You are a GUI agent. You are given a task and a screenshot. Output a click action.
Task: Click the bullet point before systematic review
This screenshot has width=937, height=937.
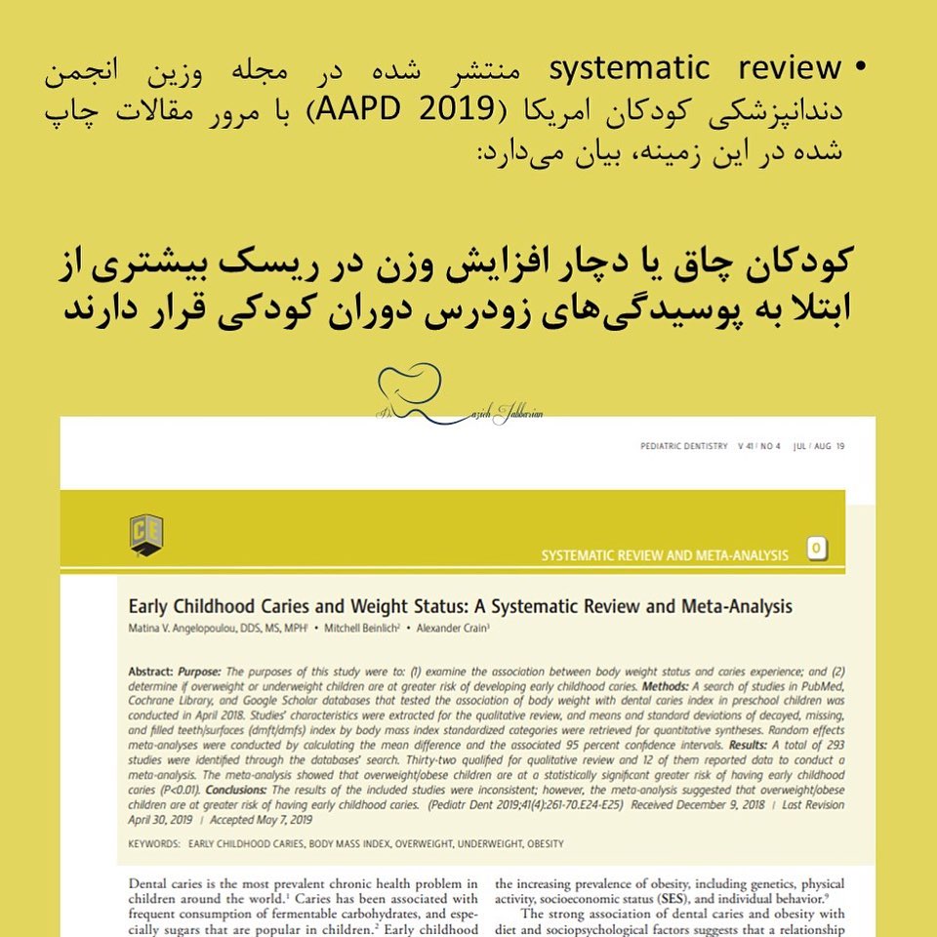click(x=860, y=69)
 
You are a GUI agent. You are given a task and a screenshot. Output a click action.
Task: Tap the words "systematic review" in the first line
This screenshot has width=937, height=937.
click(x=694, y=69)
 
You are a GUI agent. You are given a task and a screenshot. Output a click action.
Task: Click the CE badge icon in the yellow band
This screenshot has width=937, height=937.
click(x=146, y=535)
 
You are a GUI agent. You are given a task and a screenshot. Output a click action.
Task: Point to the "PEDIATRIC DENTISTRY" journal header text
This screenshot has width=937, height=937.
click(x=683, y=446)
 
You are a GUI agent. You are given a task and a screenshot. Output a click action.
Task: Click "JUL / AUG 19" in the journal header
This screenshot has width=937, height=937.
click(x=819, y=446)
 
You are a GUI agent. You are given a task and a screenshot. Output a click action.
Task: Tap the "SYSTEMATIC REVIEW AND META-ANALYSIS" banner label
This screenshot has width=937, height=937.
click(x=665, y=555)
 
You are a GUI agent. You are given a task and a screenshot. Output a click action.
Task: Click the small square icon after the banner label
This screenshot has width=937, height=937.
click(x=817, y=550)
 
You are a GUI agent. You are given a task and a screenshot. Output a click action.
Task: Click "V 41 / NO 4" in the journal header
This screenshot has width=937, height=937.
click(x=760, y=446)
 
